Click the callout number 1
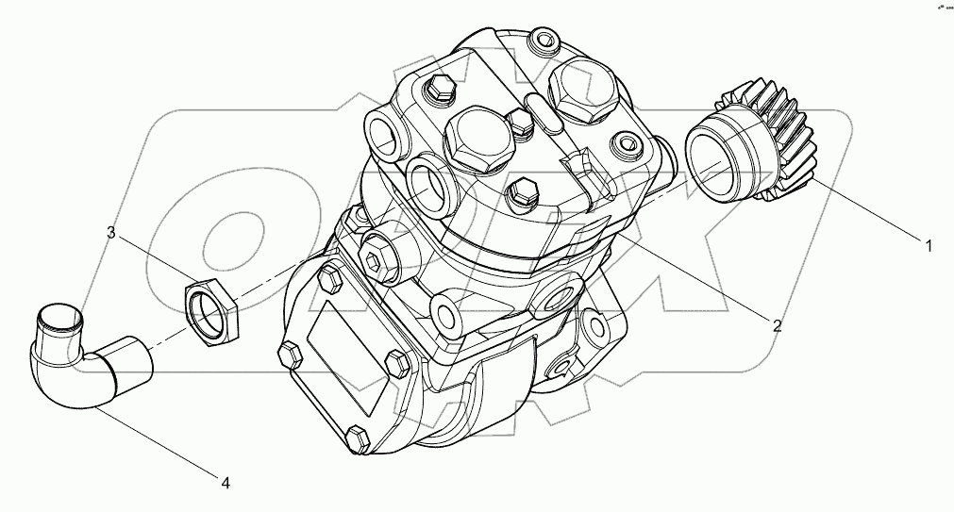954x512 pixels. click(x=929, y=247)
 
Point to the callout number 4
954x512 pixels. click(x=226, y=483)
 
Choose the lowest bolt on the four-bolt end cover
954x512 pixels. click(x=357, y=438)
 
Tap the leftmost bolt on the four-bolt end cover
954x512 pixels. click(x=290, y=355)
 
